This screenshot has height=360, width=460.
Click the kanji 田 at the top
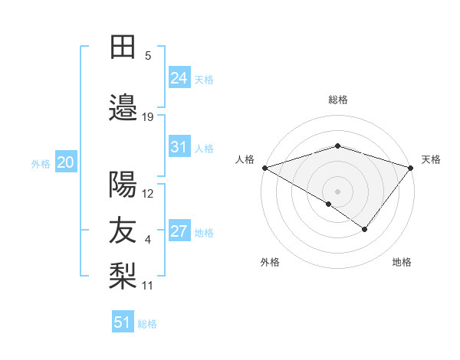[123, 48]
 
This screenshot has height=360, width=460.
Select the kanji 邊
[123, 106]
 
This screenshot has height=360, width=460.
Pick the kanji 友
[123, 231]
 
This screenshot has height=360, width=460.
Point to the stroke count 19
[148, 116]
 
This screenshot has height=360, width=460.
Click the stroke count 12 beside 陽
[148, 194]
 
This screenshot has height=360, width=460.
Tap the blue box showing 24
[179, 77]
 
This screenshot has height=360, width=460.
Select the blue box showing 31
[179, 147]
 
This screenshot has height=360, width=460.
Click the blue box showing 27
[179, 231]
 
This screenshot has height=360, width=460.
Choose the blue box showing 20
[65, 162]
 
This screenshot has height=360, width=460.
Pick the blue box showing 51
[122, 322]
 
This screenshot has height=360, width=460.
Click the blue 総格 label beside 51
[147, 324]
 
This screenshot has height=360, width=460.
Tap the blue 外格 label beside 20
[41, 163]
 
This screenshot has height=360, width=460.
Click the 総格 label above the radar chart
[337, 100]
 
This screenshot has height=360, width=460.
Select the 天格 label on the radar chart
[431, 159]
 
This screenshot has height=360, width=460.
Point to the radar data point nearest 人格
[264, 167]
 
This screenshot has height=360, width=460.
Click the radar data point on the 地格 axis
[365, 229]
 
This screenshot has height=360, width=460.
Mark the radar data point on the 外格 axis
[329, 204]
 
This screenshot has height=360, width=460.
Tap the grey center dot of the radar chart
[337, 191]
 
